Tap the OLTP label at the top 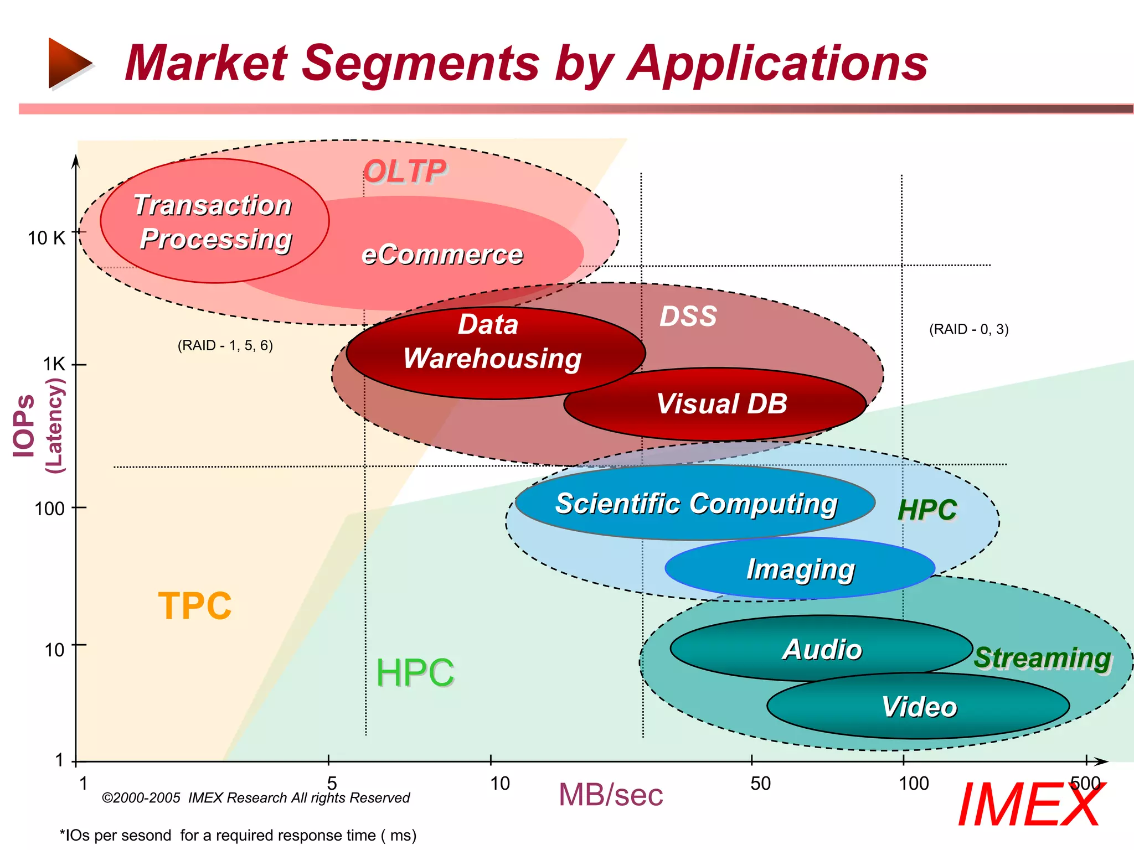pyautogui.click(x=404, y=172)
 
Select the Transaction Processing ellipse pyautogui.click(x=214, y=221)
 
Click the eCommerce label pyautogui.click(x=442, y=255)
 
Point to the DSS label pyautogui.click(x=688, y=317)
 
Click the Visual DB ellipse pyautogui.click(x=720, y=404)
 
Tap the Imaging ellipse pyautogui.click(x=800, y=569)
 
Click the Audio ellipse pyautogui.click(x=822, y=649)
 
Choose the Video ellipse pyautogui.click(x=918, y=707)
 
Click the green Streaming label pyautogui.click(x=1043, y=659)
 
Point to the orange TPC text pyautogui.click(x=195, y=606)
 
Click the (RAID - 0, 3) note pyautogui.click(x=968, y=329)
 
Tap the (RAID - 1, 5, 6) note pyautogui.click(x=225, y=345)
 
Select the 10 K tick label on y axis pyautogui.click(x=47, y=238)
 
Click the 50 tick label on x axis pyautogui.click(x=760, y=784)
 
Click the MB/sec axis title pyautogui.click(x=610, y=795)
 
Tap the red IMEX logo pyautogui.click(x=1029, y=805)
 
